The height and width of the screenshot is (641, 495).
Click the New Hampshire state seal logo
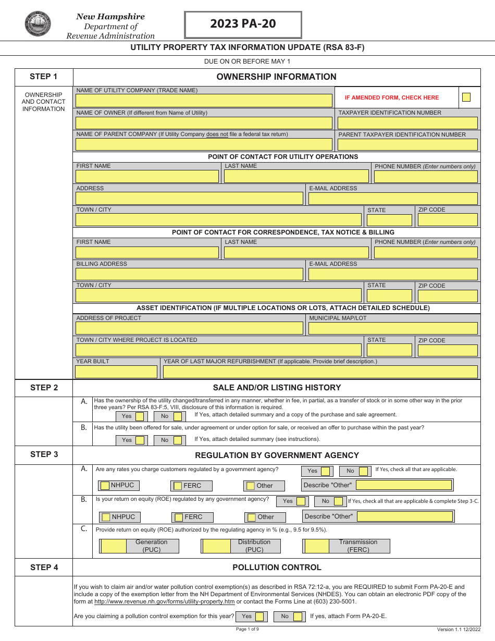(38, 24)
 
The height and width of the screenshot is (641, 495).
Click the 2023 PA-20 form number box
(243, 24)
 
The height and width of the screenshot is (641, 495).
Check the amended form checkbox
(466, 97)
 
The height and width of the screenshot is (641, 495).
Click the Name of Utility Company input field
(204, 101)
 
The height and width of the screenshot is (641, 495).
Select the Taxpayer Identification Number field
(407, 123)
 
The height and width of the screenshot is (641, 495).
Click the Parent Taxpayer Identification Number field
(407, 144)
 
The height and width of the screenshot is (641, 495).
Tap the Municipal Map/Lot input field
(393, 328)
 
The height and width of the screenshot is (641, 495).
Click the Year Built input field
(116, 372)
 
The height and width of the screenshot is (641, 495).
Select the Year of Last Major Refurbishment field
(320, 372)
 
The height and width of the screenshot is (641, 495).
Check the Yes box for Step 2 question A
(140, 416)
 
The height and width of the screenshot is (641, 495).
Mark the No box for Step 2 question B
(178, 440)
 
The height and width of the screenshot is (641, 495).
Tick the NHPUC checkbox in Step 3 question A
(105, 486)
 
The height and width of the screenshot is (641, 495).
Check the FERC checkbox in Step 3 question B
(179, 517)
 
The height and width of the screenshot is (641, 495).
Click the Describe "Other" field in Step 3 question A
(404, 485)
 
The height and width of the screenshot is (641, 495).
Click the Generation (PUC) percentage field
(114, 546)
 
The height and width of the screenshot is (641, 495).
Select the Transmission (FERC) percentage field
(317, 546)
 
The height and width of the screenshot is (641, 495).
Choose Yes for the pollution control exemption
(259, 617)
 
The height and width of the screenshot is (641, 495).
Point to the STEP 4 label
(44, 568)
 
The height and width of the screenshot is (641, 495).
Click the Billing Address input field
(189, 274)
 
